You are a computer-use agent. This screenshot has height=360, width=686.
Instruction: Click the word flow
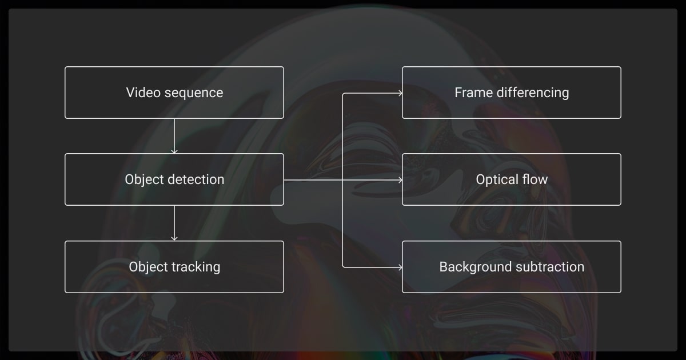click(x=535, y=179)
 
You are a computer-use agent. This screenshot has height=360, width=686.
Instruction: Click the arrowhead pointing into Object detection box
click(x=174, y=151)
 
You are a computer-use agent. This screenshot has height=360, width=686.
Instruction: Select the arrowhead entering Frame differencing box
click(x=400, y=93)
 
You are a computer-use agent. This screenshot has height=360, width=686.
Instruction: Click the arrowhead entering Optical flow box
click(x=400, y=180)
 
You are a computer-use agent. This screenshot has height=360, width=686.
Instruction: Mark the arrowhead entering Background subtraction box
click(x=400, y=267)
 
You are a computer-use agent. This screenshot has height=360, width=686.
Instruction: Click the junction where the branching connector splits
click(x=342, y=180)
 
